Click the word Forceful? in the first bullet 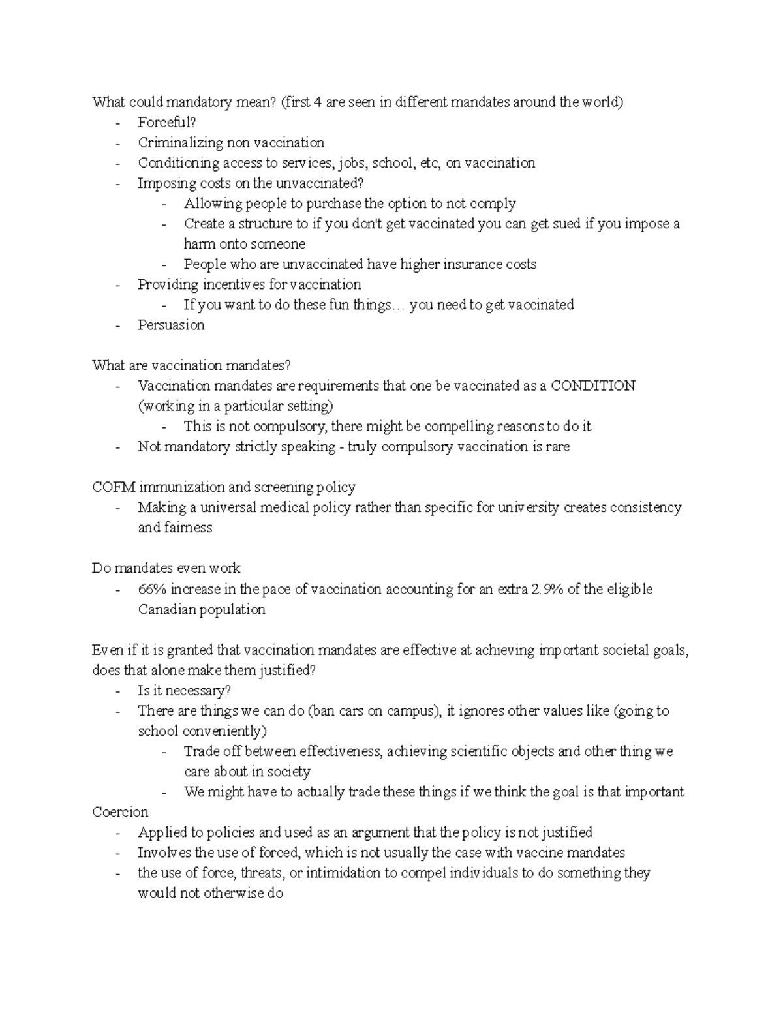(x=166, y=123)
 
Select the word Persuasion (x=171, y=325)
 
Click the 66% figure (x=152, y=589)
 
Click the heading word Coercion (x=120, y=812)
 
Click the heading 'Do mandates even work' (x=166, y=568)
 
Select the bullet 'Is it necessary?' (x=184, y=691)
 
